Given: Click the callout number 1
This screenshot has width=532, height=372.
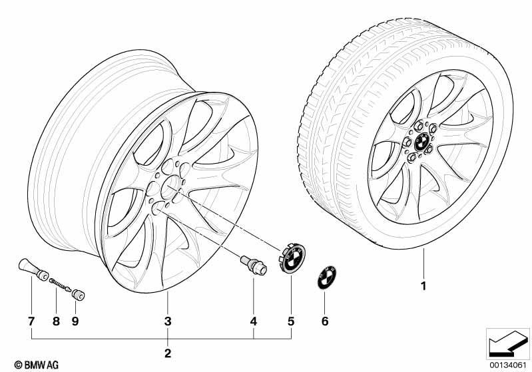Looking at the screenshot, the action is tap(423, 286).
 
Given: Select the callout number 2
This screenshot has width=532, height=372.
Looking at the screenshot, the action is tap(168, 353).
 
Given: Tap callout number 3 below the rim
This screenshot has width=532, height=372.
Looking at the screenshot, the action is tap(168, 321).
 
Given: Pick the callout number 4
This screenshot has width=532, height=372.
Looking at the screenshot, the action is tap(254, 321).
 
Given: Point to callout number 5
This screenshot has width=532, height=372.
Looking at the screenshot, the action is tap(291, 321).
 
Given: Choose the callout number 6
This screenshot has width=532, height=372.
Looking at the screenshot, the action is tap(325, 321).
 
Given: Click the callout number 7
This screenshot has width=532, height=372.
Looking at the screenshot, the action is tap(31, 321).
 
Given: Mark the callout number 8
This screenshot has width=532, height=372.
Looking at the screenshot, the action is tap(56, 321).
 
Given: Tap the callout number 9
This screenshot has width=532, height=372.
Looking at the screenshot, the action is tap(75, 321).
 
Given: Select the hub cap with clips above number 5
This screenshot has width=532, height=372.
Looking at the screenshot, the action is tap(292, 258).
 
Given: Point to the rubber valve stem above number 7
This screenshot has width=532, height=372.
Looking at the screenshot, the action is tap(33, 270).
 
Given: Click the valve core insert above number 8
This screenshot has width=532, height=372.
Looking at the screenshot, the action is tap(60, 285).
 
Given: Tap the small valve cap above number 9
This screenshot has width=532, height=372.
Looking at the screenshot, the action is tap(79, 294).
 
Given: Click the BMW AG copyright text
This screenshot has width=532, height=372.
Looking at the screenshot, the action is tap(37, 365).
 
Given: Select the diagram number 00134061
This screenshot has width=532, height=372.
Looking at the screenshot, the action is tap(508, 365).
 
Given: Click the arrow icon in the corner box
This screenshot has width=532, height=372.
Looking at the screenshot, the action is tap(507, 343).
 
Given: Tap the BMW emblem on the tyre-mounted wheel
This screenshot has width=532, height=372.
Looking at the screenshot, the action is tap(420, 142).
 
